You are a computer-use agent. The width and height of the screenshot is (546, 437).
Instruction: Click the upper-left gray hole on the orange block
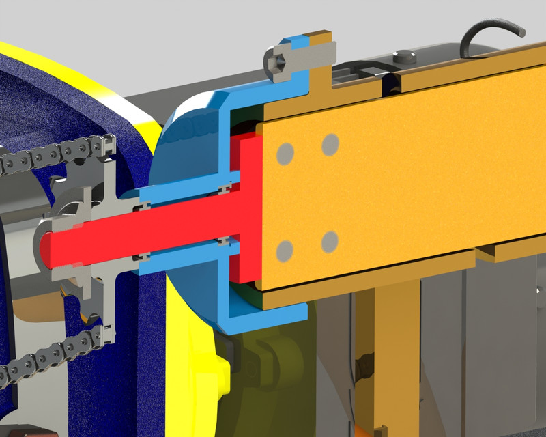coord(286,154)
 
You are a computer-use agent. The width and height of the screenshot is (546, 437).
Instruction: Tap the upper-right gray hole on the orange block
coord(330,144)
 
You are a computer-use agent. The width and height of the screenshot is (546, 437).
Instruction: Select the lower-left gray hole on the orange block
coord(286,251)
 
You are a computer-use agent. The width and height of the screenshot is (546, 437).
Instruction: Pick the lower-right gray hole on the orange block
coord(330,241)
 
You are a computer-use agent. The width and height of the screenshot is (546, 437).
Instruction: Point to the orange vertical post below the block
coord(396,355)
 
